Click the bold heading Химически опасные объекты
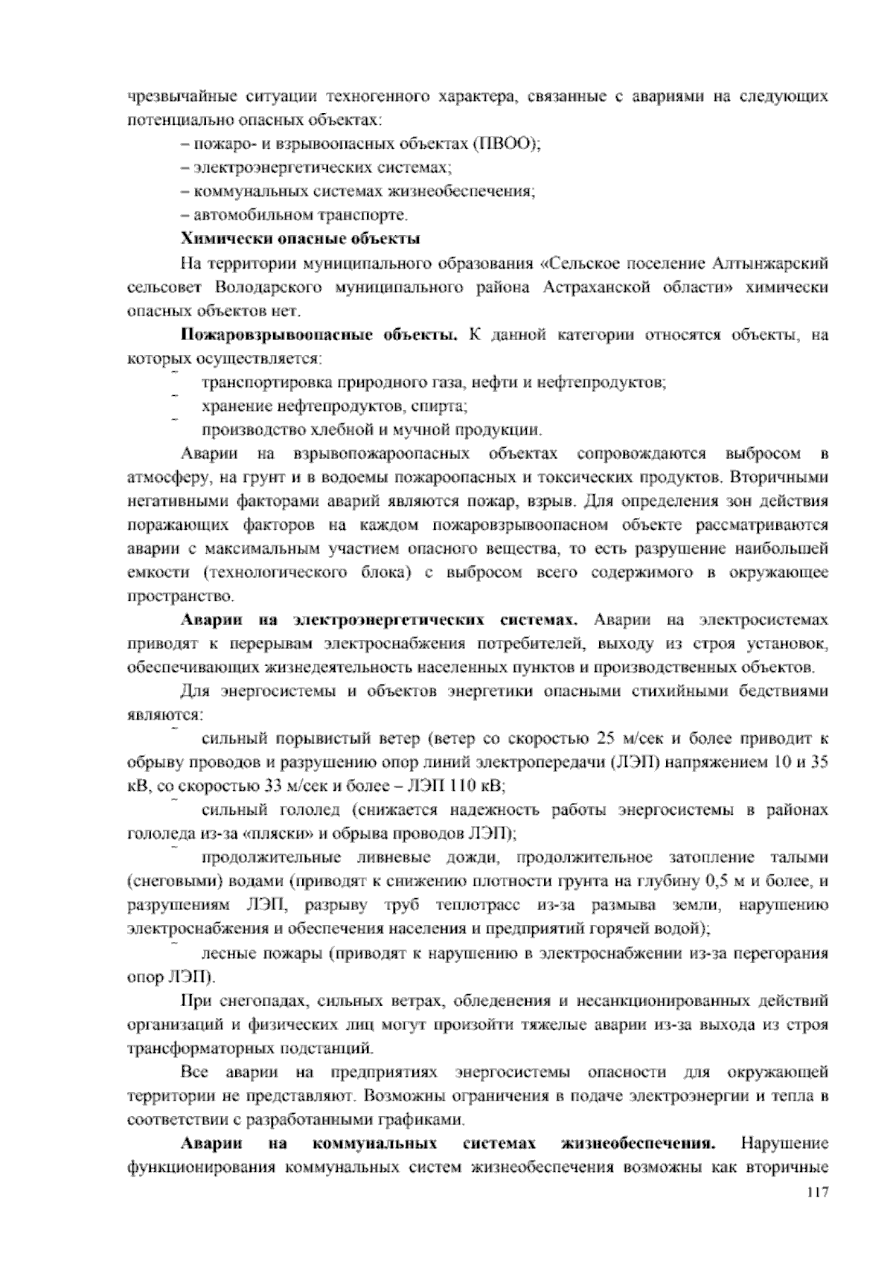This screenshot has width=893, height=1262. (301, 240)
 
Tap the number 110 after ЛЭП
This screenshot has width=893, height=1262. (467, 787)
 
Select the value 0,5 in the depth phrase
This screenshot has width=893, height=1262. (714, 882)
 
